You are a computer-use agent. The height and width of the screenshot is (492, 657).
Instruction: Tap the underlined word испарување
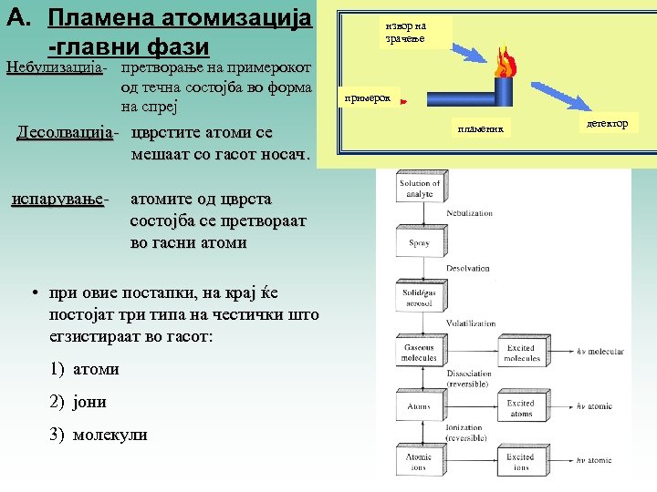[x=58, y=198]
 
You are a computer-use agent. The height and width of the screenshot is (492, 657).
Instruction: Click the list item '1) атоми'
[x=85, y=369]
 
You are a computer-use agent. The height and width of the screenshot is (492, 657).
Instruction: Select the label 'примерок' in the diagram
[x=368, y=97]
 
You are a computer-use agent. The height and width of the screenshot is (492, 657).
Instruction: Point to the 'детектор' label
[x=608, y=123]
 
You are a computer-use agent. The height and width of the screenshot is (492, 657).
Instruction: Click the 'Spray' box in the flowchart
[x=419, y=243]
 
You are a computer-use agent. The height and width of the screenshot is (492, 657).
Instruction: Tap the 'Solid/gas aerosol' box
[x=419, y=297]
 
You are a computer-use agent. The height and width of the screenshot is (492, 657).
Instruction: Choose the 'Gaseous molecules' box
[x=419, y=354]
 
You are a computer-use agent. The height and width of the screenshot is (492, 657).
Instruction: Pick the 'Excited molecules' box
[x=522, y=354]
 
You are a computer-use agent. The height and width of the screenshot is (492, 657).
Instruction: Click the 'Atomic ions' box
[x=419, y=462]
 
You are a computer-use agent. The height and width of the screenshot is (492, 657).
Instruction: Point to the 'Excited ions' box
[x=521, y=462]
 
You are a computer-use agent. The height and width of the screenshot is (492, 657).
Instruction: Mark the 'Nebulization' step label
[x=469, y=213]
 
